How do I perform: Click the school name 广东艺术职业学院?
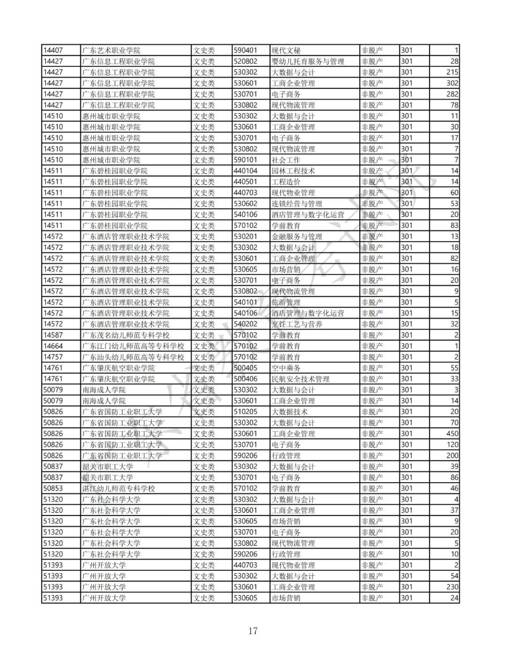[111, 51]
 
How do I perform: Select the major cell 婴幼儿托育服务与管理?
[308, 61]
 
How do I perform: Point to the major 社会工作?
[286, 160]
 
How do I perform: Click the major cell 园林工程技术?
[293, 171]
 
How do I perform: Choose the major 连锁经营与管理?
[297, 204]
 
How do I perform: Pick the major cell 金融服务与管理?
[297, 236]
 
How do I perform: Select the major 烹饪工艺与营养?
[297, 324]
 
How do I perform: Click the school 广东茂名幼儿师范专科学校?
[126, 335]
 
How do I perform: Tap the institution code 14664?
[53, 346]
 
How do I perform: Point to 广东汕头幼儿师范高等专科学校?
[133, 357]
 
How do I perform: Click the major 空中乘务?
[286, 368]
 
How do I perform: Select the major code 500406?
[246, 379]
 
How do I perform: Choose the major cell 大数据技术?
[290, 412]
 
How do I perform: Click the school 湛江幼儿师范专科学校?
[118, 488]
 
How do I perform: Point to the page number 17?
[253, 631]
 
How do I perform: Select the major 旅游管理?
[286, 302]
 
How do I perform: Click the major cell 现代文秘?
[286, 51]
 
